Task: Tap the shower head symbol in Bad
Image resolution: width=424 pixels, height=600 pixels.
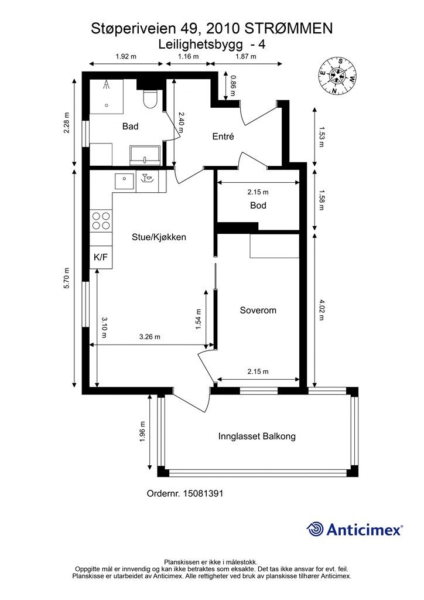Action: coord(107,85)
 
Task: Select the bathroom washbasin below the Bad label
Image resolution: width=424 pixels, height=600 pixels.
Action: coord(145,155)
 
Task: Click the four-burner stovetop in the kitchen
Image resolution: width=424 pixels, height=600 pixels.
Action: coord(101,221)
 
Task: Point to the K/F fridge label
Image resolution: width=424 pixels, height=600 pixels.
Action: coord(101,257)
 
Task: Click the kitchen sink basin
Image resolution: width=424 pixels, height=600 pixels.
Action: coord(124,181)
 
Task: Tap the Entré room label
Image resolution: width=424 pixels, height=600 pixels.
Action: coord(223,136)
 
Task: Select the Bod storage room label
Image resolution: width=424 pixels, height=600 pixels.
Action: coord(258,206)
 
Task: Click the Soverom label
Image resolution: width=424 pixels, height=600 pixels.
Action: coord(258,311)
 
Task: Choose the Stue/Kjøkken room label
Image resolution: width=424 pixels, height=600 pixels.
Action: coord(159,237)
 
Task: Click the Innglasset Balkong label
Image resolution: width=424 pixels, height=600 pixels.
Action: coord(257,436)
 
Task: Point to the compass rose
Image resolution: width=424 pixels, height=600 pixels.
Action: coord(337,76)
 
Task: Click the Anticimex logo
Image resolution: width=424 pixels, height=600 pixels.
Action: coord(354,529)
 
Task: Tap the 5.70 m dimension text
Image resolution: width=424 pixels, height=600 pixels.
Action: coord(67,278)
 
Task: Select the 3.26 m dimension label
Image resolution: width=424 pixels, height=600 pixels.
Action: coord(149,337)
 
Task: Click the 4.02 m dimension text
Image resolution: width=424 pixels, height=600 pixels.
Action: coord(321,310)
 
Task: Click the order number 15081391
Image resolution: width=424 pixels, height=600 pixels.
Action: coord(203,493)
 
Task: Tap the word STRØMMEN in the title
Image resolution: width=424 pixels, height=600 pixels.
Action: coord(289,28)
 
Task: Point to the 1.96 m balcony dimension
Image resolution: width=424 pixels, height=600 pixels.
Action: coord(143,432)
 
